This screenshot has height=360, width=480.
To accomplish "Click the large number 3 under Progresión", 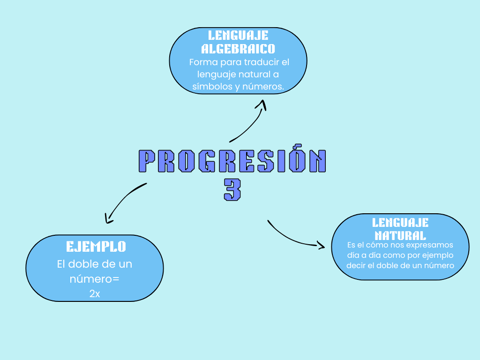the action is click(232, 189).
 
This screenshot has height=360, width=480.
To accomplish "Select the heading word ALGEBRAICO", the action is click(238, 49).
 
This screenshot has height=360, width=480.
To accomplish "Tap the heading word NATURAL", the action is click(400, 235).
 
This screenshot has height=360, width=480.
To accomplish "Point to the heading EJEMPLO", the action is click(96, 247).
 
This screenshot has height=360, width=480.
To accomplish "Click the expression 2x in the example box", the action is click(95, 294).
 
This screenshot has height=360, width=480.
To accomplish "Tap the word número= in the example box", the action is click(95, 279).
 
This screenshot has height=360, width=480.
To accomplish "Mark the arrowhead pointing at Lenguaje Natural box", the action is click(321, 245).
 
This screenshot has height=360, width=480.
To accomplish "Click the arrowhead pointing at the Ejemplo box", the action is click(108, 218).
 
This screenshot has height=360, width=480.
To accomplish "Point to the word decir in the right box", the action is click(356, 265).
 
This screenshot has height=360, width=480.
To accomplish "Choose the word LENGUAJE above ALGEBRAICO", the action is click(238, 36).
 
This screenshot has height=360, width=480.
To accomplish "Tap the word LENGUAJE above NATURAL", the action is click(400, 223).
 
